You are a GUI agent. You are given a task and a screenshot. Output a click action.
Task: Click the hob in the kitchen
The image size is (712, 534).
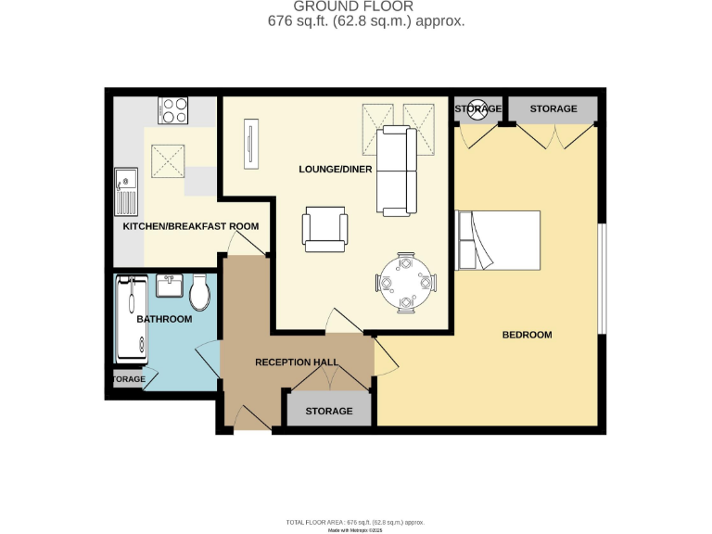[173, 111]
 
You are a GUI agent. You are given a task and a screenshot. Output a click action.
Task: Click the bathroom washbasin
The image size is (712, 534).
[169, 286]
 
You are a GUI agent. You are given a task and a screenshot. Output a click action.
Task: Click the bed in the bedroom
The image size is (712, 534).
[499, 240]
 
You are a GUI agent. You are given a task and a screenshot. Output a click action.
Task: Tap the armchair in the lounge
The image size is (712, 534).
[325, 228]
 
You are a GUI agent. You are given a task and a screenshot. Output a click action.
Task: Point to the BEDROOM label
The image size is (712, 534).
[527, 335]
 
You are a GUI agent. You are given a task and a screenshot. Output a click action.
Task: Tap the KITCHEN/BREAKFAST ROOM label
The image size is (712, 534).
[191, 226]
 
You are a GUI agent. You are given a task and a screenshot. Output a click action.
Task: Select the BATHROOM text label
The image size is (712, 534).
[164, 320]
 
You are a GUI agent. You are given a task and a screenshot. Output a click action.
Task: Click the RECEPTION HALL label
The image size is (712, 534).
[297, 362]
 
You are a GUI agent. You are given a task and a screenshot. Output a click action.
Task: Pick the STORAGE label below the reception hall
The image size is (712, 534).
[329, 411]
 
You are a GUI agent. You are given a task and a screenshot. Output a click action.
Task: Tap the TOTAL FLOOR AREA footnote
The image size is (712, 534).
[354, 522]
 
